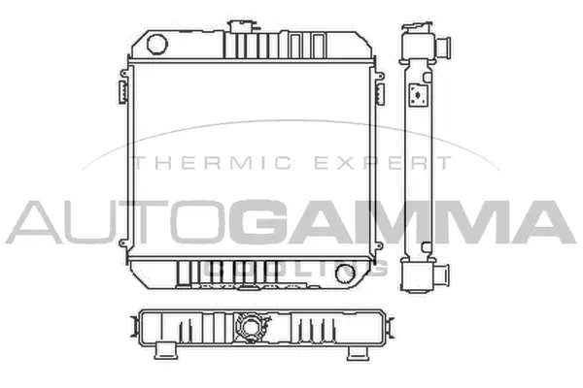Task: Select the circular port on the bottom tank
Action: pyautogui.click(x=344, y=275)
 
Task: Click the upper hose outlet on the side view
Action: pyautogui.click(x=446, y=46)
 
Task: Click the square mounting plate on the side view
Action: pyautogui.click(x=419, y=95)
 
